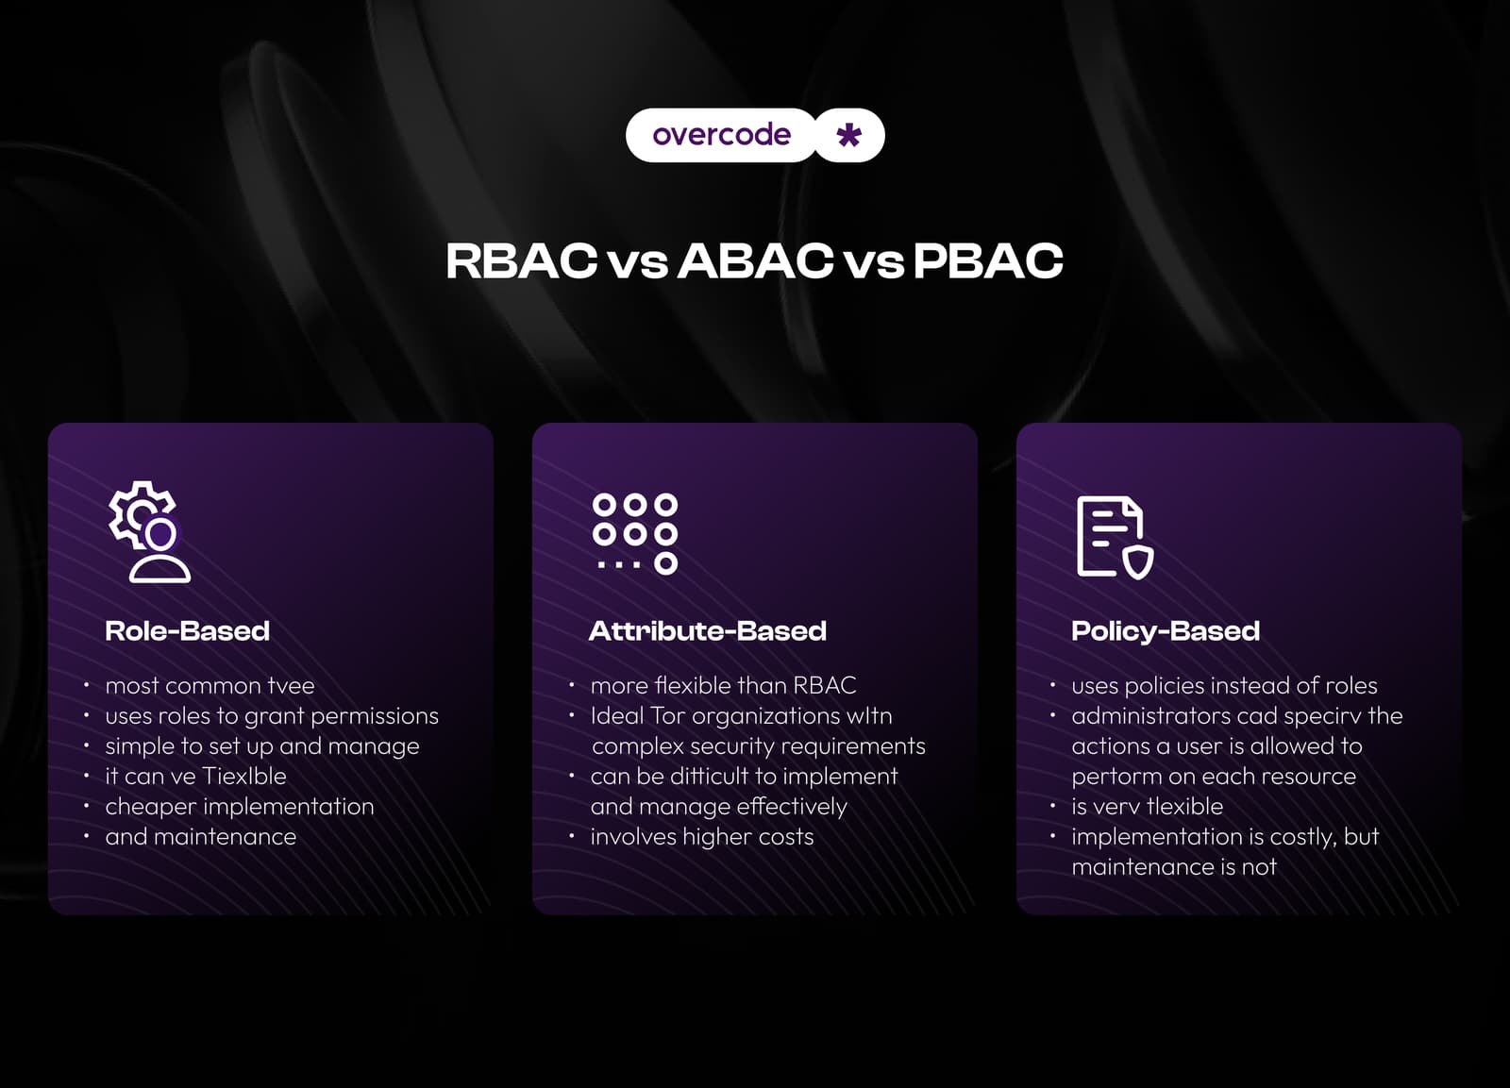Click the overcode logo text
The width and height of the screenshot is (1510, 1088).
(721, 135)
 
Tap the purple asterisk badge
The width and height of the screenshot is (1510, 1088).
(849, 135)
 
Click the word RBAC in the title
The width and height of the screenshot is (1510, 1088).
(521, 261)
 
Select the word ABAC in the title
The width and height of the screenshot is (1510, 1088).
(756, 261)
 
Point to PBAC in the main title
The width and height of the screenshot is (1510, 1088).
(988, 261)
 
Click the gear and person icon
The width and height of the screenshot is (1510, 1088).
(149, 531)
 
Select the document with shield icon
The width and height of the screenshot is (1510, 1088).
(1115, 536)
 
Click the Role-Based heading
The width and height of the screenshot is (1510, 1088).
(187, 631)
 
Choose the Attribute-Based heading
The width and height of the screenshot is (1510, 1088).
(708, 631)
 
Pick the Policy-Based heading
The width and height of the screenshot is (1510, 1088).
(1166, 631)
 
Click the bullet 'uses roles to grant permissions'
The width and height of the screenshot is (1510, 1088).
(272, 716)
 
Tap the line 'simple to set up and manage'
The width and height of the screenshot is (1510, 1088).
(262, 746)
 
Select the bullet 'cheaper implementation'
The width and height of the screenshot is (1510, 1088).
(240, 807)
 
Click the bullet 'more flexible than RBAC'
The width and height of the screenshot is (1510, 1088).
(723, 686)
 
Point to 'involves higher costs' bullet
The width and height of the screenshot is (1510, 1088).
(702, 837)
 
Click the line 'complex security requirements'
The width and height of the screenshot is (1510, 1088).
(759, 746)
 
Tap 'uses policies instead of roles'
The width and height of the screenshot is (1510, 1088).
(1224, 686)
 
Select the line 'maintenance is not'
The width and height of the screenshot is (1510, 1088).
(1174, 867)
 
